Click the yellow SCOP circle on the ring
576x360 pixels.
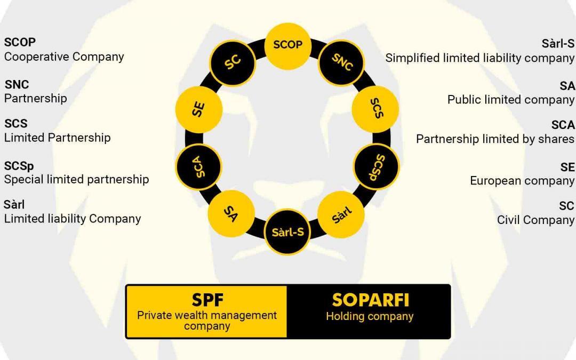point(287,45)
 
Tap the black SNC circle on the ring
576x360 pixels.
point(342,62)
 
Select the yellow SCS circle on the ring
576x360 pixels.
point(375,109)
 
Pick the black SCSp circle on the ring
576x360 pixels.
point(376,166)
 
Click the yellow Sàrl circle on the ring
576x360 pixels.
point(341,214)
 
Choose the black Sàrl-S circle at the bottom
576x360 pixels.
point(287,233)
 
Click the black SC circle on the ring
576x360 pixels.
point(232,62)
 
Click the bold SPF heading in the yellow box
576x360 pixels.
point(207,301)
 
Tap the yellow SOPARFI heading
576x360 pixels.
point(370,300)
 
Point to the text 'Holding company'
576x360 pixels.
point(370,316)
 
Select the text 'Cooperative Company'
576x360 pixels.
point(64,57)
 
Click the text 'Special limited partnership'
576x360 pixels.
point(76,179)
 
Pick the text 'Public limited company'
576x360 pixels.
point(510,100)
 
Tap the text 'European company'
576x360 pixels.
point(522,181)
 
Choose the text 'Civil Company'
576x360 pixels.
point(535,220)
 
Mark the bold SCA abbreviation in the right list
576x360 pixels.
point(563,125)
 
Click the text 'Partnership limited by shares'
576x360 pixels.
point(495,139)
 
